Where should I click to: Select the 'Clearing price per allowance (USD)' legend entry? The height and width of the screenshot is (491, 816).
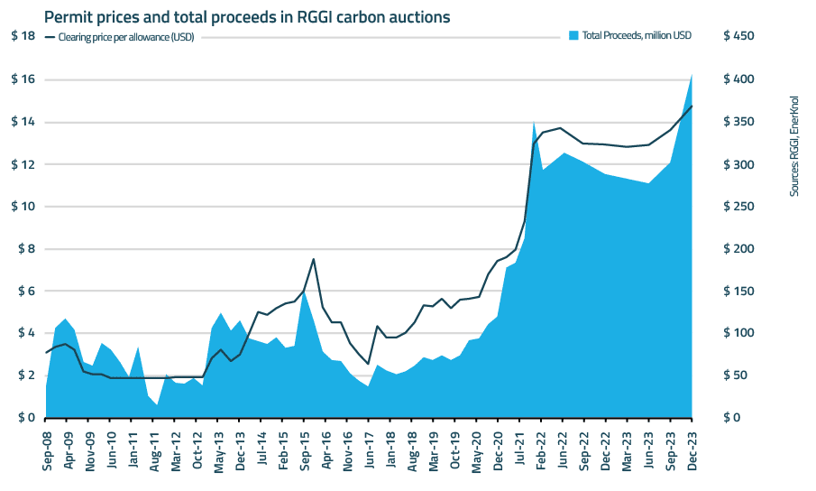125,37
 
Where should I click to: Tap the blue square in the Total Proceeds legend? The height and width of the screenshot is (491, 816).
573,36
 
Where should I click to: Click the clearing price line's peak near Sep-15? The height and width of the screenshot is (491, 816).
313,259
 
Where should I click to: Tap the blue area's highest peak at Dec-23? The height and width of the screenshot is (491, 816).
692,75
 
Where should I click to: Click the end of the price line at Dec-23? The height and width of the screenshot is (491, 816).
692,107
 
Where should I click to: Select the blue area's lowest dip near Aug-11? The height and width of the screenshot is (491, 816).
157,404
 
